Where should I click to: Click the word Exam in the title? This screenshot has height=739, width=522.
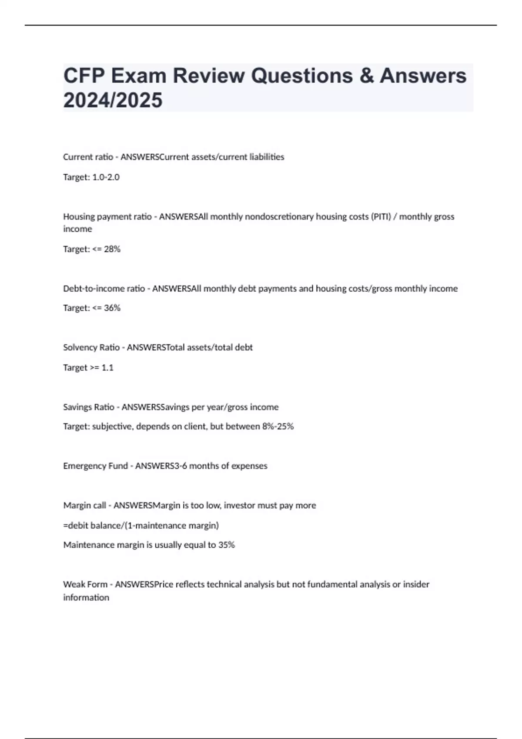tap(138, 76)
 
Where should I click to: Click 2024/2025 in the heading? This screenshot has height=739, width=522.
tap(113, 100)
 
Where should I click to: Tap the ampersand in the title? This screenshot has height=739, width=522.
tap(367, 76)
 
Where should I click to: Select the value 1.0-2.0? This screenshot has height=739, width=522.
tap(106, 177)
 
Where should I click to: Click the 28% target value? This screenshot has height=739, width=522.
tap(112, 249)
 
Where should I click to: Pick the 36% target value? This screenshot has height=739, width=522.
tap(112, 308)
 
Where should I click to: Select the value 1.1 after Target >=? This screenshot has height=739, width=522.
tap(107, 368)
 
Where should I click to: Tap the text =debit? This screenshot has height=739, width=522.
tap(76, 526)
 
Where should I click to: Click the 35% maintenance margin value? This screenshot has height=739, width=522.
tap(227, 545)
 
